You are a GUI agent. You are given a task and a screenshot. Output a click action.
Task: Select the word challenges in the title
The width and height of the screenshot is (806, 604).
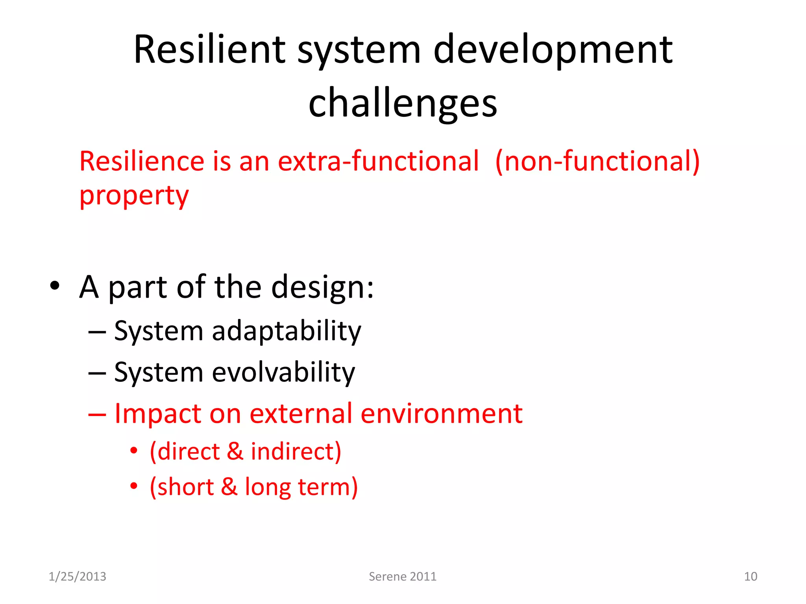tap(403, 103)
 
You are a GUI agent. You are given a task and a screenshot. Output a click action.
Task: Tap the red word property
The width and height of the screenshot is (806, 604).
tap(134, 195)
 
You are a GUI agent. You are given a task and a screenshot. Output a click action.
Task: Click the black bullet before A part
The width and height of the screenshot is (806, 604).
tap(55, 286)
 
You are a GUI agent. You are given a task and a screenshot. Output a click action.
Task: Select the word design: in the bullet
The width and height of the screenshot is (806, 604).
tap(322, 287)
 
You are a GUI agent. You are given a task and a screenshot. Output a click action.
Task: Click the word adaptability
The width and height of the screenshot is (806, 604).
tap(286, 331)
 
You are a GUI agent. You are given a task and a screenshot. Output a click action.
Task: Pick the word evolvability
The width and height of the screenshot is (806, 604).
tap(283, 372)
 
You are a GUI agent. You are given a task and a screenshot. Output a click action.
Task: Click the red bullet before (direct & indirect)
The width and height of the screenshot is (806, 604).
tap(134, 451)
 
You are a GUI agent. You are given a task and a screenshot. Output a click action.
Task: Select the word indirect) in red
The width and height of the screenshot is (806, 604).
tap(296, 451)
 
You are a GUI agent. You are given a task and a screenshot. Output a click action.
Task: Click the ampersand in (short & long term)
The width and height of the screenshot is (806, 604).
tap(229, 487)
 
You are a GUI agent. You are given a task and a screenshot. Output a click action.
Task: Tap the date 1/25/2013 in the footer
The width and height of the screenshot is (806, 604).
tap(77, 576)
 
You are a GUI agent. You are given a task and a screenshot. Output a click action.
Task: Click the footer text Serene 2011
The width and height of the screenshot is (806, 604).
tap(402, 576)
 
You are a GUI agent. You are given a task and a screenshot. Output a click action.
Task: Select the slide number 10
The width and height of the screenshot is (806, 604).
tap(750, 576)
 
